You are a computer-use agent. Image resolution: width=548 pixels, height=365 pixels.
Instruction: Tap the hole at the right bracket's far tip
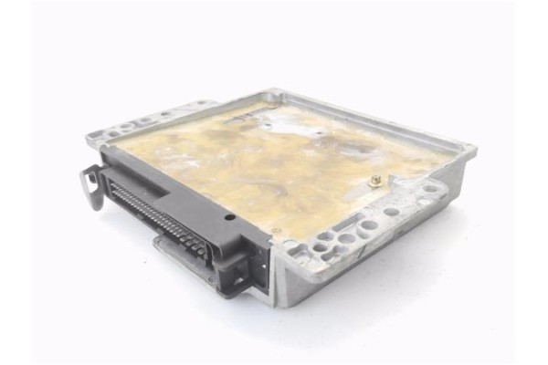point(429,189)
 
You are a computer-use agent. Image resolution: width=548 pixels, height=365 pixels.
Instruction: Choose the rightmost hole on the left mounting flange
point(205,106)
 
